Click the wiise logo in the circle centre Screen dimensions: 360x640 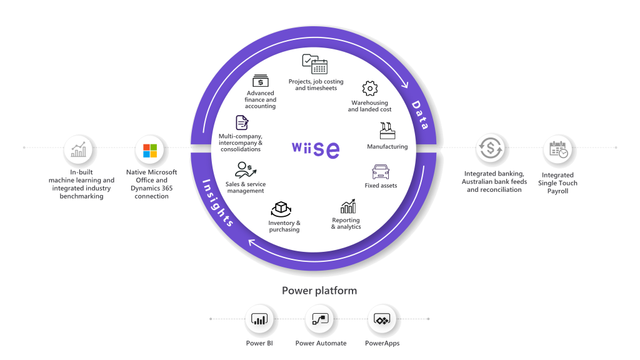pyautogui.click(x=316, y=149)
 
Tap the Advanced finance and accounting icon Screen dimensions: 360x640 pyautogui.click(x=260, y=81)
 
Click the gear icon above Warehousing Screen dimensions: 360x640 pyautogui.click(x=370, y=88)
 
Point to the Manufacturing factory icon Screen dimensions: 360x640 pyautogui.click(x=387, y=131)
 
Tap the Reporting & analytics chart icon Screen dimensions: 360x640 pyautogui.click(x=348, y=206)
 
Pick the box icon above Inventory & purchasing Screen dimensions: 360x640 pyautogui.click(x=281, y=209)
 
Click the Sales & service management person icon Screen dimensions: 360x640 pyautogui.click(x=243, y=169)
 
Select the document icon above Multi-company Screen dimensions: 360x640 pyautogui.click(x=241, y=122)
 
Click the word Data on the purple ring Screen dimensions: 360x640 pyautogui.click(x=420, y=115)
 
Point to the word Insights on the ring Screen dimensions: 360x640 pyautogui.click(x=217, y=202)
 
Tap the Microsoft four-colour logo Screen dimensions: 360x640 pyautogui.click(x=151, y=151)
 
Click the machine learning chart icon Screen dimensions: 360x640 pyautogui.click(x=79, y=151)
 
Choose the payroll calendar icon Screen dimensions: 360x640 pyautogui.click(x=559, y=150)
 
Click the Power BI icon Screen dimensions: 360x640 pyautogui.click(x=259, y=319)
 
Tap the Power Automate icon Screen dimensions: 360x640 pyautogui.click(x=321, y=319)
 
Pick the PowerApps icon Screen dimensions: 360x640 pyautogui.click(x=382, y=319)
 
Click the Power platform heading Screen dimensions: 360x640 pyautogui.click(x=319, y=291)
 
